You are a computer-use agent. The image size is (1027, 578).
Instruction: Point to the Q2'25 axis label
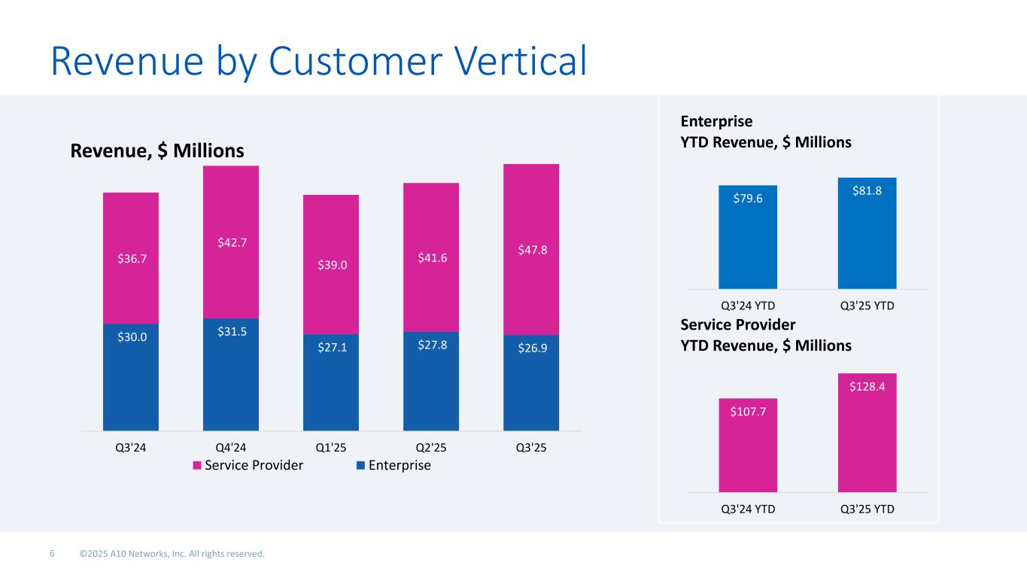[431, 446]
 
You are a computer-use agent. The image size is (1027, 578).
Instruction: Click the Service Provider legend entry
[248, 465]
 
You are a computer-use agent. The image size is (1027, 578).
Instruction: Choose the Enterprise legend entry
[393, 465]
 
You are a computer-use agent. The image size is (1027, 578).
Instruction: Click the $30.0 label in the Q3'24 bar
[131, 336]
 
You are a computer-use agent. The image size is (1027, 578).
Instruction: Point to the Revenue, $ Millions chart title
[157, 151]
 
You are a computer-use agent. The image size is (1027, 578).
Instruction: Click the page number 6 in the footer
[52, 554]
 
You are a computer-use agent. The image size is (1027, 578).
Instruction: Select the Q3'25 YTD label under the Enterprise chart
[867, 306]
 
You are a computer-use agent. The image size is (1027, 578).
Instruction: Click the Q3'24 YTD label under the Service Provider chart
[748, 508]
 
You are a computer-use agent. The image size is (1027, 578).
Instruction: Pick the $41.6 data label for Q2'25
[431, 257]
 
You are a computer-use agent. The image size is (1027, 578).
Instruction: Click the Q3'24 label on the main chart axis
[131, 446]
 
